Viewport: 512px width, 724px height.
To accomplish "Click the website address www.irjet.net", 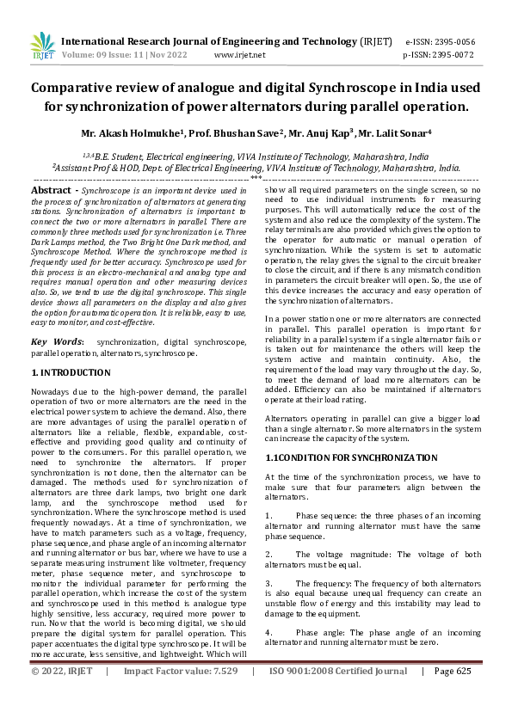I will click(239, 54).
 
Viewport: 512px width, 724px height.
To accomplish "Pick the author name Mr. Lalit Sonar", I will click(391, 134).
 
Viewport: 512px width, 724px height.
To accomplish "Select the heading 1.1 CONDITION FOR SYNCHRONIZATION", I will click(339, 457).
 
